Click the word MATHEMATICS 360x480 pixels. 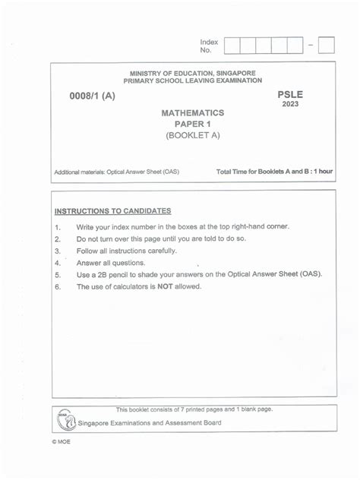[x=192, y=112]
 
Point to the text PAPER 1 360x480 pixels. [x=192, y=125]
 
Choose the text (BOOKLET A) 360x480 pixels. [x=192, y=137]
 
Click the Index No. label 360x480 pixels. [x=209, y=46]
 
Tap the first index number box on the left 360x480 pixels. [x=232, y=46]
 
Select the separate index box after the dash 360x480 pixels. [x=327, y=46]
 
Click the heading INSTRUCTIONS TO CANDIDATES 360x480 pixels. [x=112, y=210]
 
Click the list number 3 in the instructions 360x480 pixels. [x=57, y=251]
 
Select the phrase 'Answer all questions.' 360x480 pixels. [x=110, y=263]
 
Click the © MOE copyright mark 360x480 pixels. [x=62, y=442]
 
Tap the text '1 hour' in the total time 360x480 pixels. [x=319, y=172]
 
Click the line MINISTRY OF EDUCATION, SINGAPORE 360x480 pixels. [x=192, y=73]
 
